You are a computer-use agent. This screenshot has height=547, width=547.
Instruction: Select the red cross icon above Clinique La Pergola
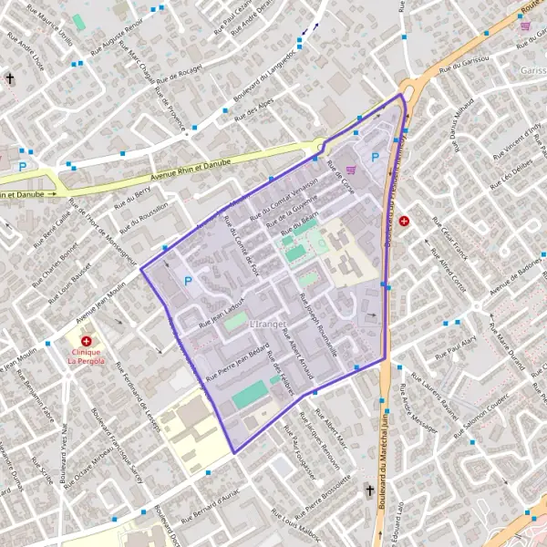click(86, 341)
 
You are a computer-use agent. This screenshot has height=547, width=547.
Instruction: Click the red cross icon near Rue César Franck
click(404, 221)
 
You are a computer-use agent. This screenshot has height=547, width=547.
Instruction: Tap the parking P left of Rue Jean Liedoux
click(189, 281)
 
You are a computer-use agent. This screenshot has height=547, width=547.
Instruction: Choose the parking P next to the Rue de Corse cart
click(375, 157)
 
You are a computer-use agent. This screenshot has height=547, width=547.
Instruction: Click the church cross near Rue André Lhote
click(10, 78)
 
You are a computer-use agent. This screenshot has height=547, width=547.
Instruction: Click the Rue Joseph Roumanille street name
click(319, 328)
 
